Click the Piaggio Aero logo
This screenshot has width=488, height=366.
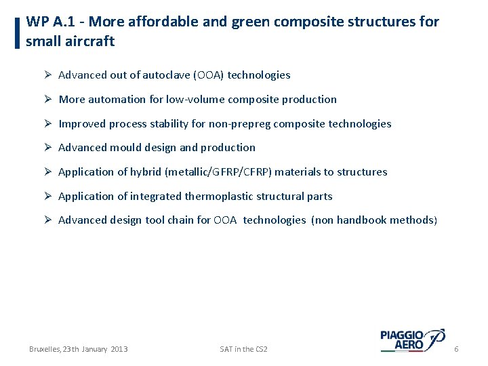coord(412,340)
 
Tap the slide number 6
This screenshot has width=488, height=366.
coord(456,349)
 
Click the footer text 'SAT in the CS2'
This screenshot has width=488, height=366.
coord(243,349)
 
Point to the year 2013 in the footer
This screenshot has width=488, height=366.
coord(119,349)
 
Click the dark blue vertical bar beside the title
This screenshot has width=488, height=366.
coord(16,33)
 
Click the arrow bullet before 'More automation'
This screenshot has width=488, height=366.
coord(48,99)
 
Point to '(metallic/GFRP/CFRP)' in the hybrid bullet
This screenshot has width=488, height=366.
coord(218,172)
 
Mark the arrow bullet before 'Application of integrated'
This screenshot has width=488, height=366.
coord(48,197)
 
